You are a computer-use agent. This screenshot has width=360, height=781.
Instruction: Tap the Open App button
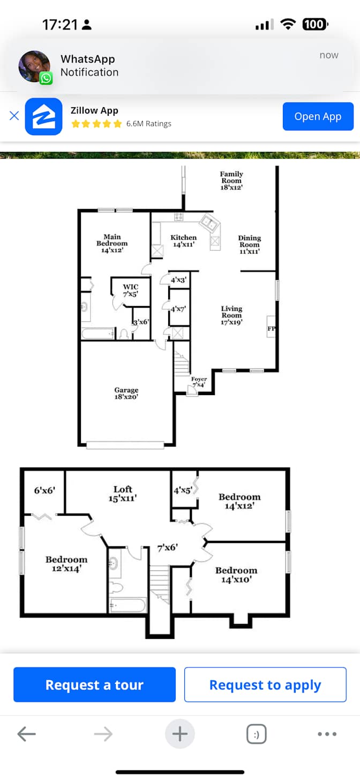pos(318,116)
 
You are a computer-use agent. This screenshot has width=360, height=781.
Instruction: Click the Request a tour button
pos(94,685)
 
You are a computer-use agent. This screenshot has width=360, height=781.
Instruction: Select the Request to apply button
pos(265,685)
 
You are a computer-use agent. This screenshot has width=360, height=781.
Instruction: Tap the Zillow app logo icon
pos(43,116)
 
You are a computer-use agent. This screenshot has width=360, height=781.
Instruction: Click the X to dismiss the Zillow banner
pos(14,116)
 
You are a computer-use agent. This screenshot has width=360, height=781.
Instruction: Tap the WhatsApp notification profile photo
pos(34,66)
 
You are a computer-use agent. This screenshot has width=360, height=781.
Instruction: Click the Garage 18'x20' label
pos(126,393)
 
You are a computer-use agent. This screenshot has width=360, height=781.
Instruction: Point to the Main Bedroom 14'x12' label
pos(112,243)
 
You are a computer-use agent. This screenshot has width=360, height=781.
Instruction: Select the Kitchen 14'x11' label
pos(183,241)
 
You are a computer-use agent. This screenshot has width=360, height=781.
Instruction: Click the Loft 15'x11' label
pos(123,493)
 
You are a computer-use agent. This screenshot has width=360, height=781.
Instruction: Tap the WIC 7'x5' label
pos(130,290)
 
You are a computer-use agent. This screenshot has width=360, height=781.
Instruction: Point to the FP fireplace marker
pos(271,329)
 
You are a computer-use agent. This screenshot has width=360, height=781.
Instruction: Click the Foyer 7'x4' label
pos(199,382)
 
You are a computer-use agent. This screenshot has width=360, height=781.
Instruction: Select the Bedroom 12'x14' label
pos(66,564)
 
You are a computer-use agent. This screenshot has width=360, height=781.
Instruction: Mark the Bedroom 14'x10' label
pos(236,575)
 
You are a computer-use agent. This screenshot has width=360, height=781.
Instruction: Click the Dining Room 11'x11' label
pos(250,244)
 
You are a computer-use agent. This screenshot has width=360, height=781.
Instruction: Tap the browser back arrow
pos(26,734)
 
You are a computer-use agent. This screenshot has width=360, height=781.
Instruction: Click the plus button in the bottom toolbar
pos(180,734)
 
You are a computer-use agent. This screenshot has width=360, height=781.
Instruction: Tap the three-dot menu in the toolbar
pos(327,734)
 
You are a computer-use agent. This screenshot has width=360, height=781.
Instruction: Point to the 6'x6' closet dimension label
pos(44,490)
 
